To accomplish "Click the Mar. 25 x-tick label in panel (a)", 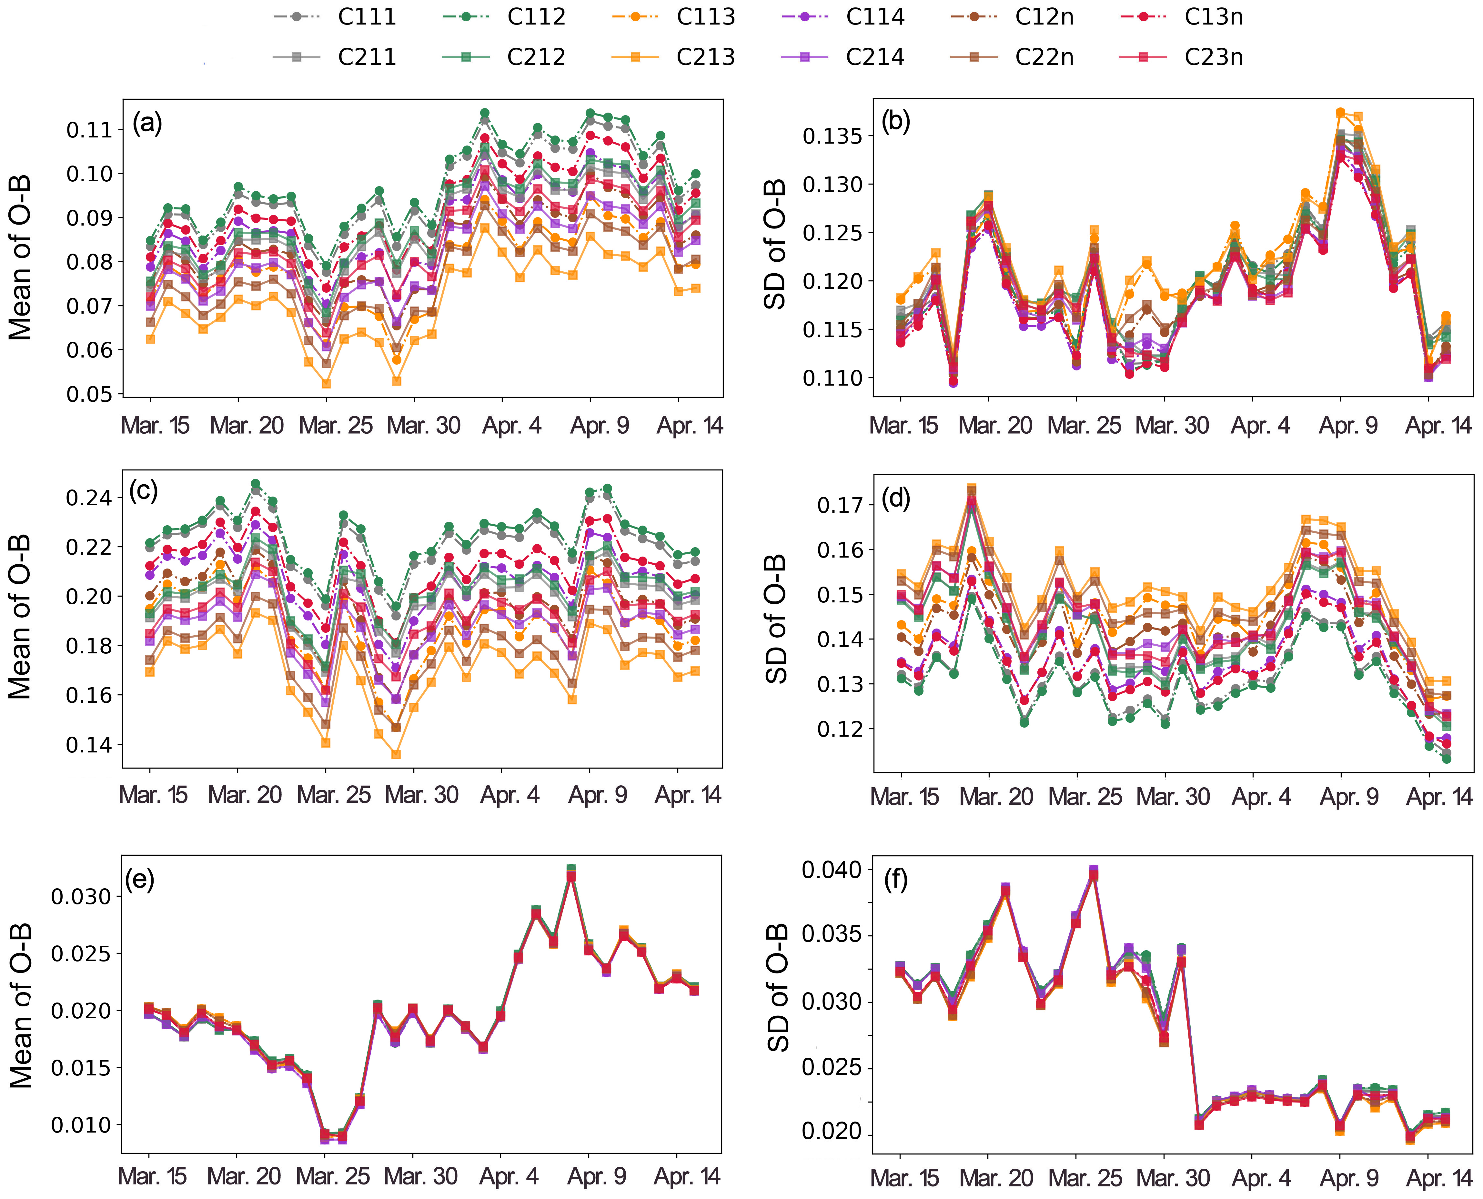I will pyautogui.click(x=335, y=426).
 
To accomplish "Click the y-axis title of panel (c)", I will pyautogui.click(x=21, y=617).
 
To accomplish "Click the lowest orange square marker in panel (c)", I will pyautogui.click(x=396, y=754).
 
